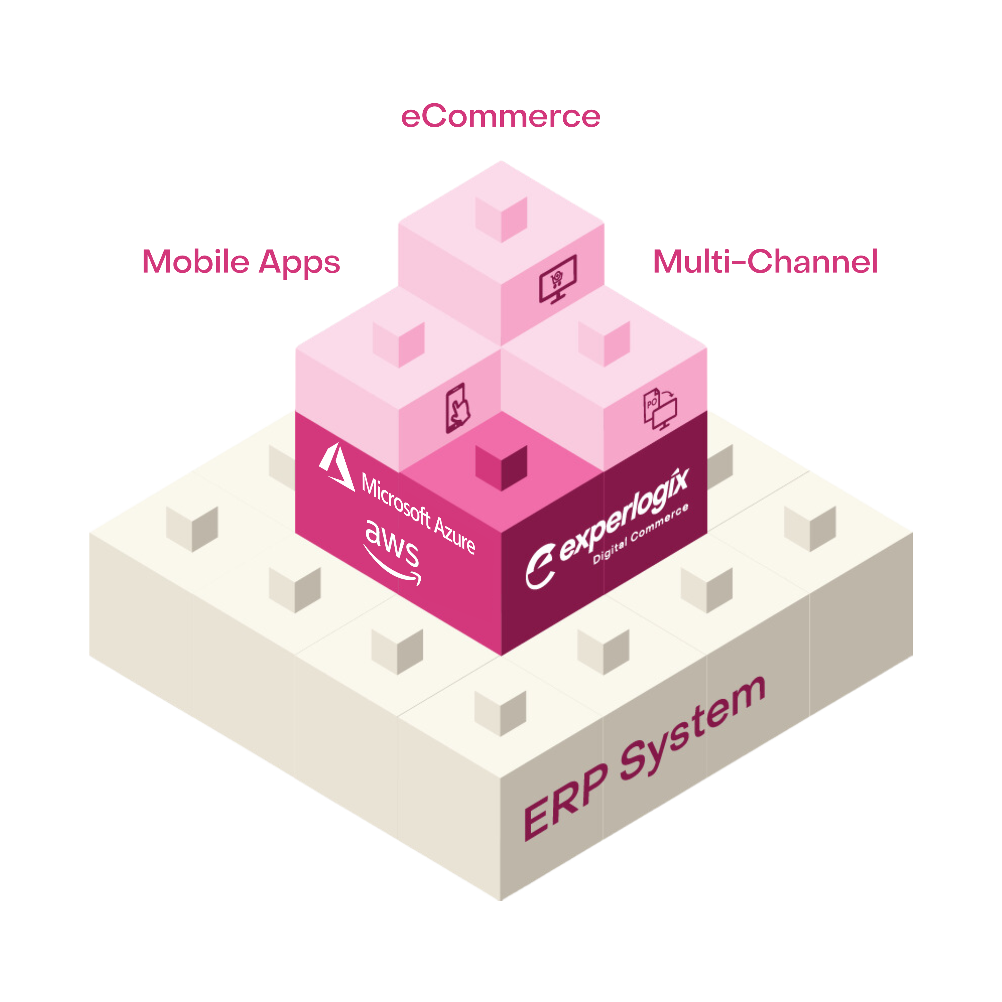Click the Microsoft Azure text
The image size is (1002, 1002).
pos(417,513)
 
